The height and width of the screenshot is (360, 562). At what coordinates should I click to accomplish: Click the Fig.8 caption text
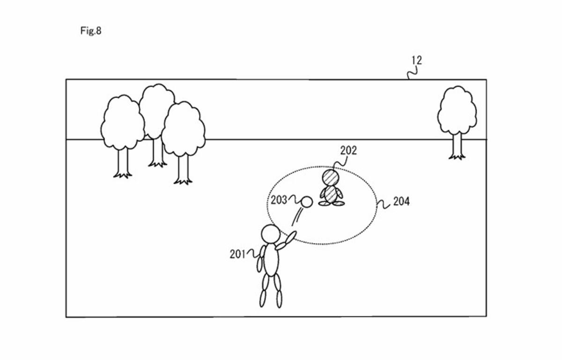(x=91, y=31)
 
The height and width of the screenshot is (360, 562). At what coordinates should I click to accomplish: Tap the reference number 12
(x=417, y=60)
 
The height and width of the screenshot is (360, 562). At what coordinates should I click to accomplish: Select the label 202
(x=348, y=151)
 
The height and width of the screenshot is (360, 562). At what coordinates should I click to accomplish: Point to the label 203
(x=279, y=200)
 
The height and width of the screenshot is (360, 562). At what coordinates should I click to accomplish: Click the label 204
(x=401, y=201)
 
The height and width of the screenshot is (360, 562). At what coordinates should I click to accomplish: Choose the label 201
(x=237, y=254)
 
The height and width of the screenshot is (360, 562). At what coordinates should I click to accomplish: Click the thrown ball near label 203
(x=307, y=202)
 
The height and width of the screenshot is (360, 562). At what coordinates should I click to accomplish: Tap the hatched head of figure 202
(x=331, y=177)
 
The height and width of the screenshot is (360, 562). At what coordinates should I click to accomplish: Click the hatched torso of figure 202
(x=331, y=194)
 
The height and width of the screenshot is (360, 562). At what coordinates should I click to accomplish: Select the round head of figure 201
(x=271, y=234)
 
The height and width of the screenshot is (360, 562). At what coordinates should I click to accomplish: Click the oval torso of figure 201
(x=271, y=260)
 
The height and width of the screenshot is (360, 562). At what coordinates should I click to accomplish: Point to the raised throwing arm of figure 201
(x=286, y=241)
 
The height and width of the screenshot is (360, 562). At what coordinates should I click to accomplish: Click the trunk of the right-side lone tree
(x=457, y=146)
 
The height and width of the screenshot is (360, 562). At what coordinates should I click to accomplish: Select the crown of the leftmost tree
(x=123, y=123)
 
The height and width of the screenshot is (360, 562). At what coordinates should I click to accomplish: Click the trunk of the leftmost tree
(x=123, y=163)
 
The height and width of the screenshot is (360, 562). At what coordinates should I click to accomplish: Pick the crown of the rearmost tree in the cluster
(x=157, y=110)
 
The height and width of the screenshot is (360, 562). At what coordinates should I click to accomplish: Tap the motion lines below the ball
(x=296, y=217)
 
